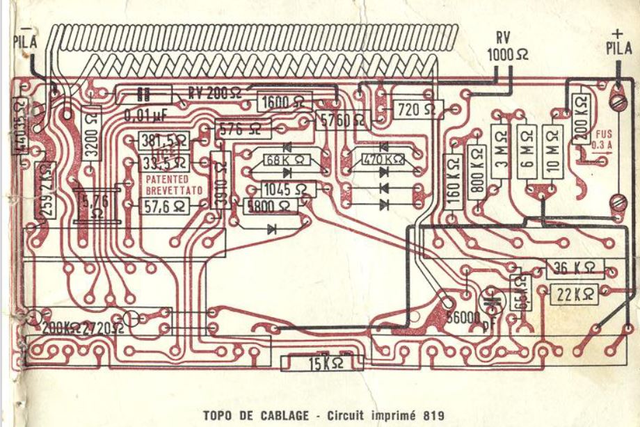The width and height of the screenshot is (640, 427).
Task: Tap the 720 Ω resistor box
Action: (x=418, y=109)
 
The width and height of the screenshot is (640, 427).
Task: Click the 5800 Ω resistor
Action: (x=270, y=206)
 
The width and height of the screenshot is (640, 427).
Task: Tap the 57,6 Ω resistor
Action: (x=164, y=206)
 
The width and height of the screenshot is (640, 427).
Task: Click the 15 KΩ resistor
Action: (x=322, y=363)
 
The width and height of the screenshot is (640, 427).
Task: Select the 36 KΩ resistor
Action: (x=575, y=268)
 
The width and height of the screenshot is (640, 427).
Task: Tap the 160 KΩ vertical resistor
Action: (x=453, y=182)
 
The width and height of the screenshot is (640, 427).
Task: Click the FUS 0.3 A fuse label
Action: (x=597, y=140)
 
